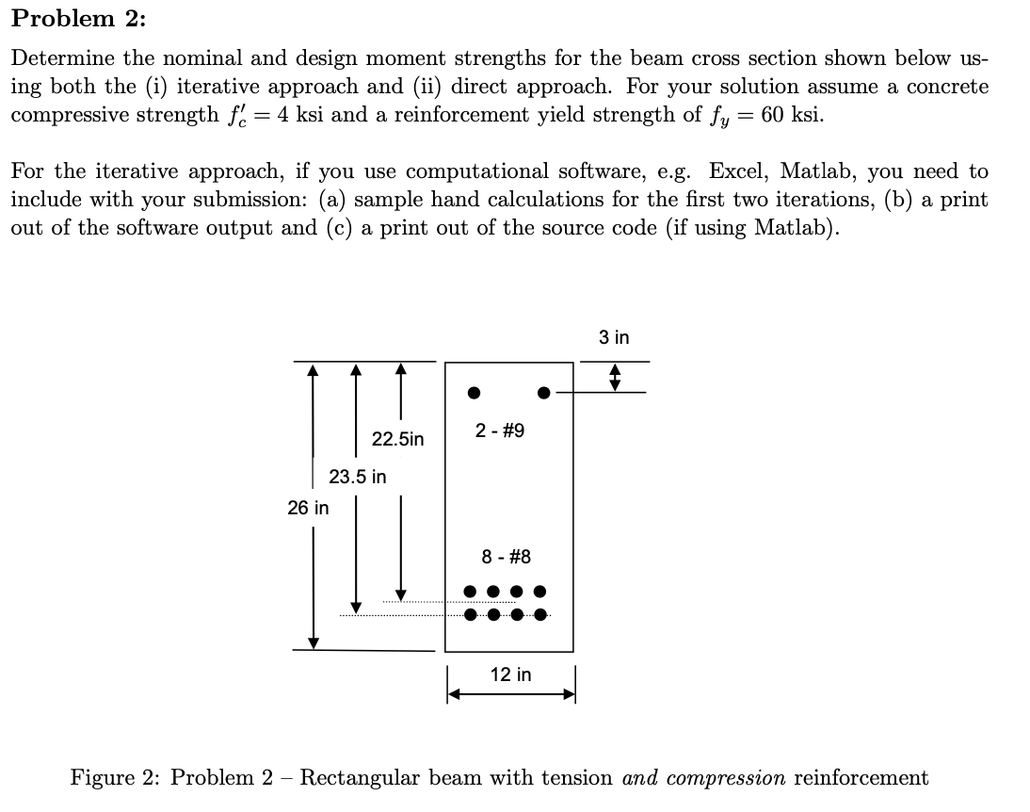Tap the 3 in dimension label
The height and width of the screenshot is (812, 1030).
(x=614, y=337)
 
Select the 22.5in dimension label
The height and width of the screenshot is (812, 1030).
(x=397, y=439)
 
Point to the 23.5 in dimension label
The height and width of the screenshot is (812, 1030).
(x=357, y=477)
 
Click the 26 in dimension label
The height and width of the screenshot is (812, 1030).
(x=308, y=508)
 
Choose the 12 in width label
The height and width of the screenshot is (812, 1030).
(x=510, y=674)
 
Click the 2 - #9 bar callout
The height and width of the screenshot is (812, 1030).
(x=500, y=430)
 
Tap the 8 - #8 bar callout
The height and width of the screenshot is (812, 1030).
(x=507, y=557)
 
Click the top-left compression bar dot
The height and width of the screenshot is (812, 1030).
(x=475, y=392)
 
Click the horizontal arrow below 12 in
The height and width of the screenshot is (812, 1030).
(x=510, y=695)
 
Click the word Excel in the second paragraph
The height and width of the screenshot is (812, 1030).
(x=740, y=171)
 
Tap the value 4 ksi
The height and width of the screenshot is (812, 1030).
(x=292, y=115)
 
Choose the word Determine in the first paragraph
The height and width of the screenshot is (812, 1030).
(x=60, y=58)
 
